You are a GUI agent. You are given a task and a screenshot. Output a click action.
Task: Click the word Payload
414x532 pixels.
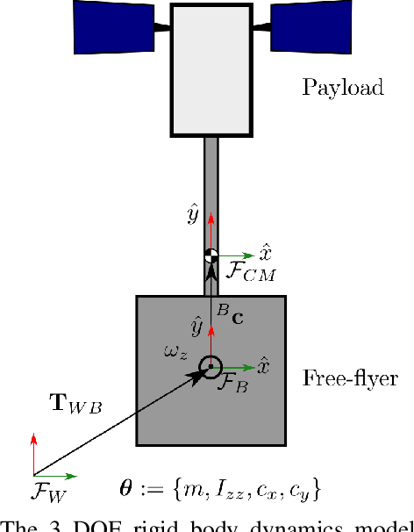point(343,87)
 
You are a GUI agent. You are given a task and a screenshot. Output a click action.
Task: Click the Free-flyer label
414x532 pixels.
point(350,379)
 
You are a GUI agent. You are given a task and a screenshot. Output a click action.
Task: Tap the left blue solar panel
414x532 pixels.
point(113,25)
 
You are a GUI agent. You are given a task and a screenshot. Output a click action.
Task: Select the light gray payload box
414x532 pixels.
point(211,70)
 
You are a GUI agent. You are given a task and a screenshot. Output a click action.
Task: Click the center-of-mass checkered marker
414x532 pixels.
point(211,255)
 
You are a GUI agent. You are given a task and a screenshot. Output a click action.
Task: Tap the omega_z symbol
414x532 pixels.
point(177,352)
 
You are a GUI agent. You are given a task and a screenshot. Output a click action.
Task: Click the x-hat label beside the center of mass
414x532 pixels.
point(264,250)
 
